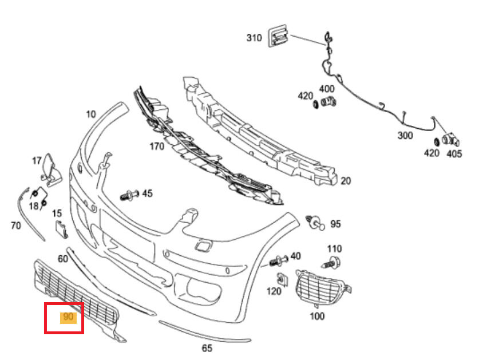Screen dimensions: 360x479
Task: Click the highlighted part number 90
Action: (x=69, y=317)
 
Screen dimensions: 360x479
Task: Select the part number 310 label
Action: (x=254, y=38)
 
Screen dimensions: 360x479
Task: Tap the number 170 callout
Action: (x=156, y=146)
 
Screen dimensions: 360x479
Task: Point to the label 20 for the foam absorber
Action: (x=345, y=181)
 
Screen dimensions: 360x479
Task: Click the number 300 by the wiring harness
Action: (x=405, y=135)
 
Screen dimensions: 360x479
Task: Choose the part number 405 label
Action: (x=454, y=153)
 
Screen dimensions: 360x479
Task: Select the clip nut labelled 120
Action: (x=282, y=279)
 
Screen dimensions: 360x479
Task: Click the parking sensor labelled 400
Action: (x=329, y=103)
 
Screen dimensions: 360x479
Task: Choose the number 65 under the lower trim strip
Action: (x=207, y=347)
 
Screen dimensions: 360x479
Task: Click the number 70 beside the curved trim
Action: (x=15, y=226)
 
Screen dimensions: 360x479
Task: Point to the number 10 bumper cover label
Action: (x=91, y=114)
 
